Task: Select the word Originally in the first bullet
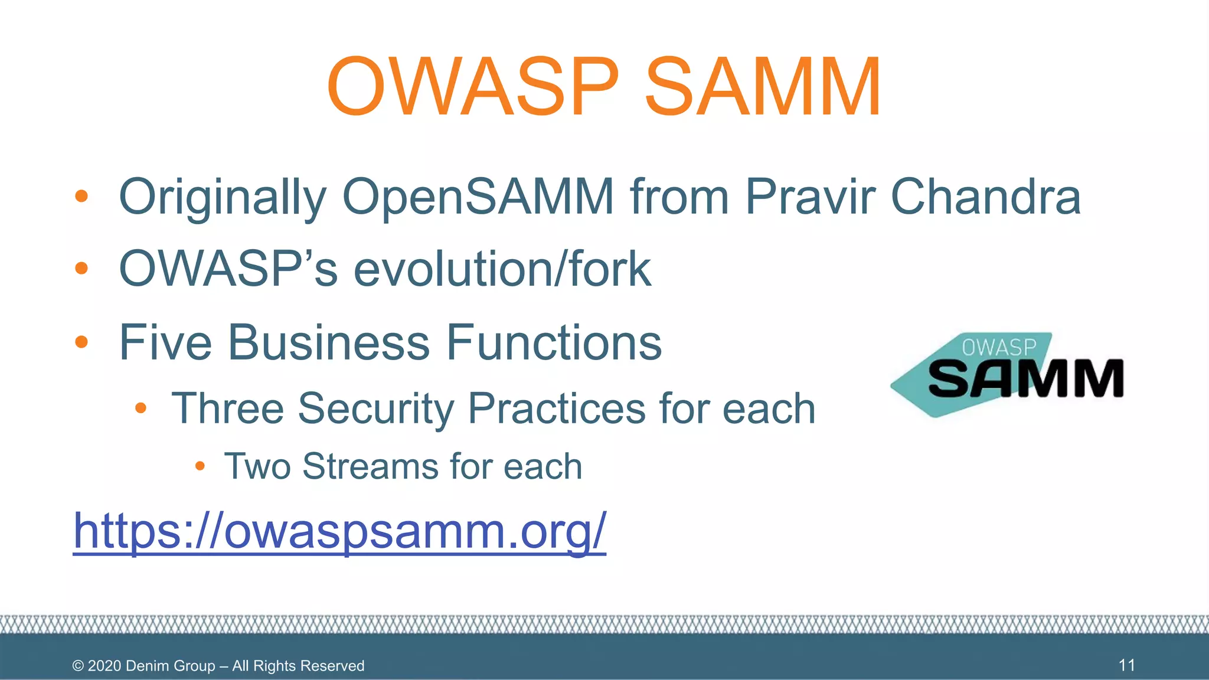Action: [x=223, y=197]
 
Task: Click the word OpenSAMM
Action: [x=478, y=197]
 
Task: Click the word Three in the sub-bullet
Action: [x=227, y=408]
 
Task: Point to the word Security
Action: [x=375, y=408]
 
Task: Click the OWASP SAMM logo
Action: [x=1007, y=375]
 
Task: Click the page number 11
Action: [x=1126, y=665]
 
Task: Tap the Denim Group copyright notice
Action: [x=218, y=666]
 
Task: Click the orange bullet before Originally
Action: [x=81, y=197]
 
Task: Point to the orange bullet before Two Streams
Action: [x=200, y=466]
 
